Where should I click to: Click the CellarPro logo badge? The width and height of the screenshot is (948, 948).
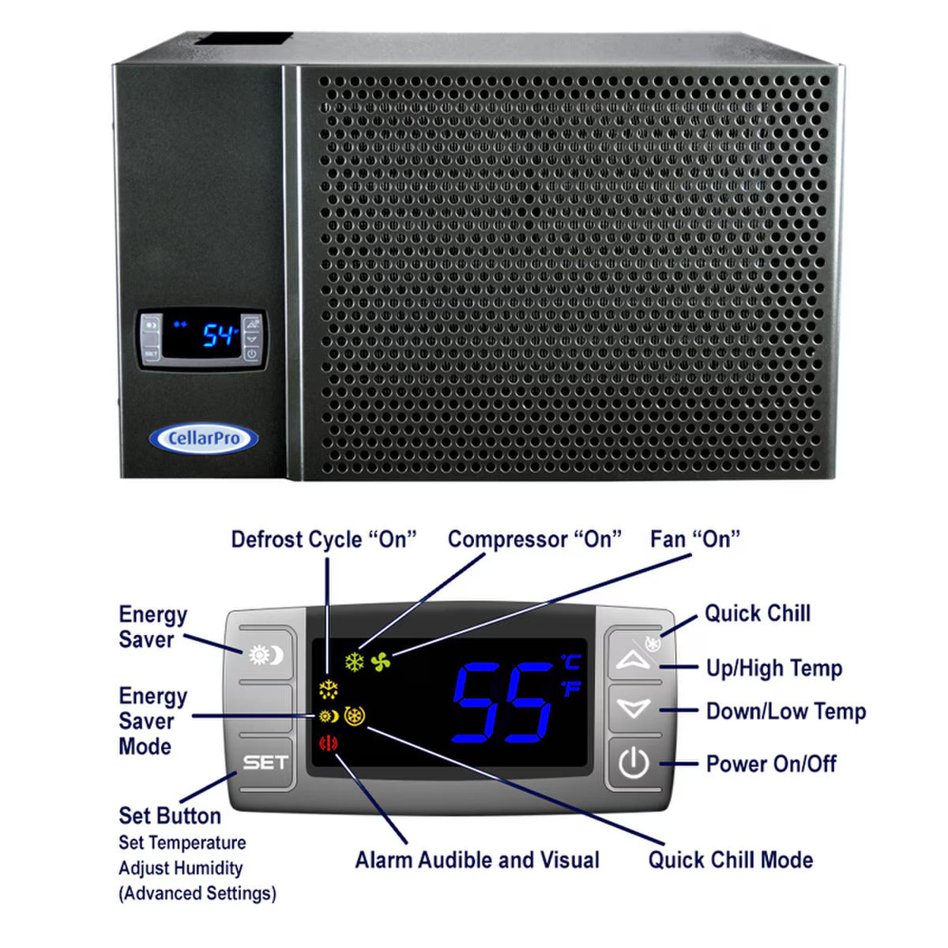click(x=203, y=439)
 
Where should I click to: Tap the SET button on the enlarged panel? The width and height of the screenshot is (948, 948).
click(x=265, y=762)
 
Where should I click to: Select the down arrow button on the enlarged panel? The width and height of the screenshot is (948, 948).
click(x=633, y=709)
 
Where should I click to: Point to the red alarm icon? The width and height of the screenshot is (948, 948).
click(x=328, y=743)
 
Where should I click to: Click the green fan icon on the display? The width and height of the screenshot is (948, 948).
click(x=381, y=662)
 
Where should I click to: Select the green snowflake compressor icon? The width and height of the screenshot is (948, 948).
click(x=355, y=662)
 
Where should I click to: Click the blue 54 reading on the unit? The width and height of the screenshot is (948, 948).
click(x=219, y=336)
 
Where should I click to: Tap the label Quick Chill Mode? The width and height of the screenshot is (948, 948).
click(x=730, y=860)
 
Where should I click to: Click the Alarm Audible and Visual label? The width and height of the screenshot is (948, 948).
click(x=477, y=860)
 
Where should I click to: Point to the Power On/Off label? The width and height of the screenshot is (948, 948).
click(x=770, y=764)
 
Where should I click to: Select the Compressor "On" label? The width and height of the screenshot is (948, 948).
click(x=534, y=540)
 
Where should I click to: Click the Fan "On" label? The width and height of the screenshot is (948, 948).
click(x=695, y=540)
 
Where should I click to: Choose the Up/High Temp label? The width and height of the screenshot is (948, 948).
click(x=773, y=668)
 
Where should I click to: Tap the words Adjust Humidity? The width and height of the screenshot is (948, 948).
click(x=181, y=868)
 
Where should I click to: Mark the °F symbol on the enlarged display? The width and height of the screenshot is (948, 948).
click(x=570, y=689)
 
